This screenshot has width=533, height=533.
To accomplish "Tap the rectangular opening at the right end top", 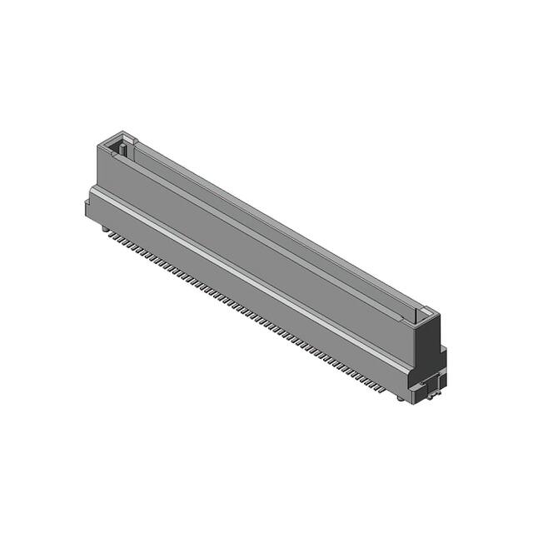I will pos(424,316).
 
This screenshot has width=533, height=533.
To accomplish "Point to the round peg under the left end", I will pos(104,226).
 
